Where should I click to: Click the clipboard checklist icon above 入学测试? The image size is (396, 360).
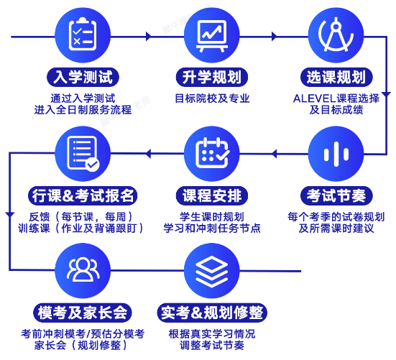coord(83,34)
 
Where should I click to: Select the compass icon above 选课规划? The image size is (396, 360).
coord(336,34)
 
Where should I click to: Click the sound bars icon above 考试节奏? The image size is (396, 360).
coord(336,154)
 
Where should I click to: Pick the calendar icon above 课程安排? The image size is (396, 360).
coord(212,154)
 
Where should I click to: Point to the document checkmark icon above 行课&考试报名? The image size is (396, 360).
coord(83,154)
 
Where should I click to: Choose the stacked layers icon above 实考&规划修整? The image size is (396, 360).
coord(212,271)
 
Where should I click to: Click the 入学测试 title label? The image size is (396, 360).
coord(83,77)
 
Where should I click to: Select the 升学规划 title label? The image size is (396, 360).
coord(212,77)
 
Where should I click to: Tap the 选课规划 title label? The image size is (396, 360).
coord(336,77)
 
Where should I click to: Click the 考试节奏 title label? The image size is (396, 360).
coord(336,195)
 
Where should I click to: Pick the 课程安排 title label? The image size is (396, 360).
coord(212,195)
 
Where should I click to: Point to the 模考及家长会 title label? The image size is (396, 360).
coord(83,313)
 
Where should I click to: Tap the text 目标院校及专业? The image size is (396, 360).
coord(212,98)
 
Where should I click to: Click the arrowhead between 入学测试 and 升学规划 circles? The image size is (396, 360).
coord(149,37)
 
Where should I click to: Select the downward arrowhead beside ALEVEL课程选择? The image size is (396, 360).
coord(386,95)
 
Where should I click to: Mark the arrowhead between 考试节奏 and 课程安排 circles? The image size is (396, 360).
coord(274,154)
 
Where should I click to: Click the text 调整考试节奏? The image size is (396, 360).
coord(212,346)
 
